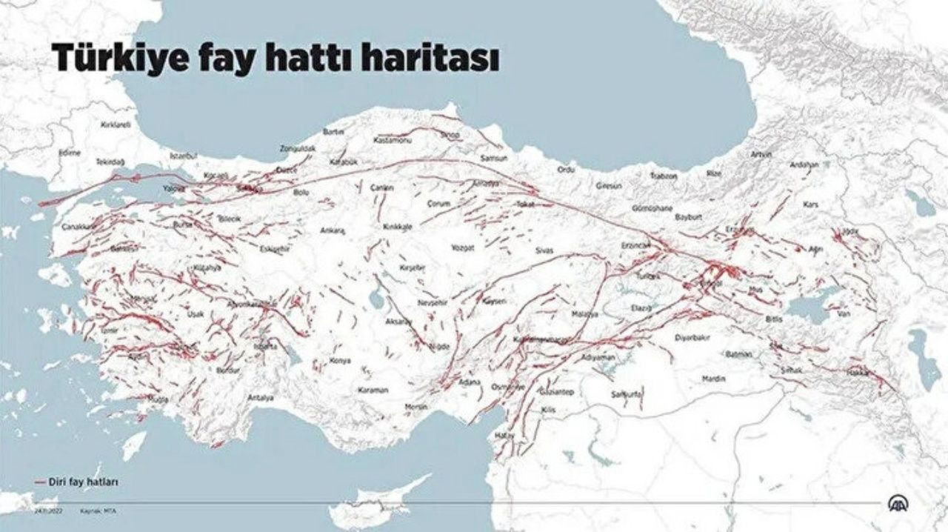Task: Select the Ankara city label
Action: click(333, 230)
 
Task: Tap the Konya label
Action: click(340, 361)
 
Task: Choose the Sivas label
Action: click(544, 251)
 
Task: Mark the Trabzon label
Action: click(664, 176)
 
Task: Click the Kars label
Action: click(811, 204)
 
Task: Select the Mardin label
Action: click(714, 379)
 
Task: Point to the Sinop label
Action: click(450, 135)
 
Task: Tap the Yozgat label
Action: click(463, 248)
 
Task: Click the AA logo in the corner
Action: click(899, 503)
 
